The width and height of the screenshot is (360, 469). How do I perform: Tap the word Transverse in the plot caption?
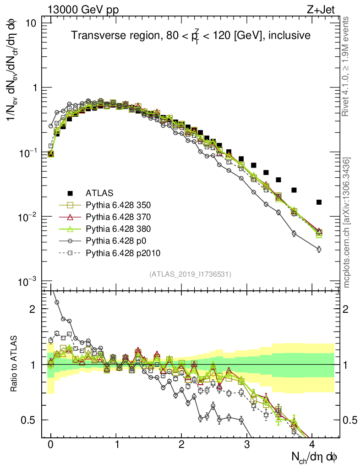coord(91,35)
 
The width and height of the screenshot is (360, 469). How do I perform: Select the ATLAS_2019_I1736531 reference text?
coord(190,274)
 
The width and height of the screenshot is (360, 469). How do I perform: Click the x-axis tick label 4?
coord(312,445)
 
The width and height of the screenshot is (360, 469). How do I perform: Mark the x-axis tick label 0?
coord(51,445)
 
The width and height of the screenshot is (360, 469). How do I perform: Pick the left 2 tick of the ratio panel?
coord(35,309)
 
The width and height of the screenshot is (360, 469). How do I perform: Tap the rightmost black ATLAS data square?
coord(319,202)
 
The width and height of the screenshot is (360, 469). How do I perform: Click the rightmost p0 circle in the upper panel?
coord(319,249)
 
